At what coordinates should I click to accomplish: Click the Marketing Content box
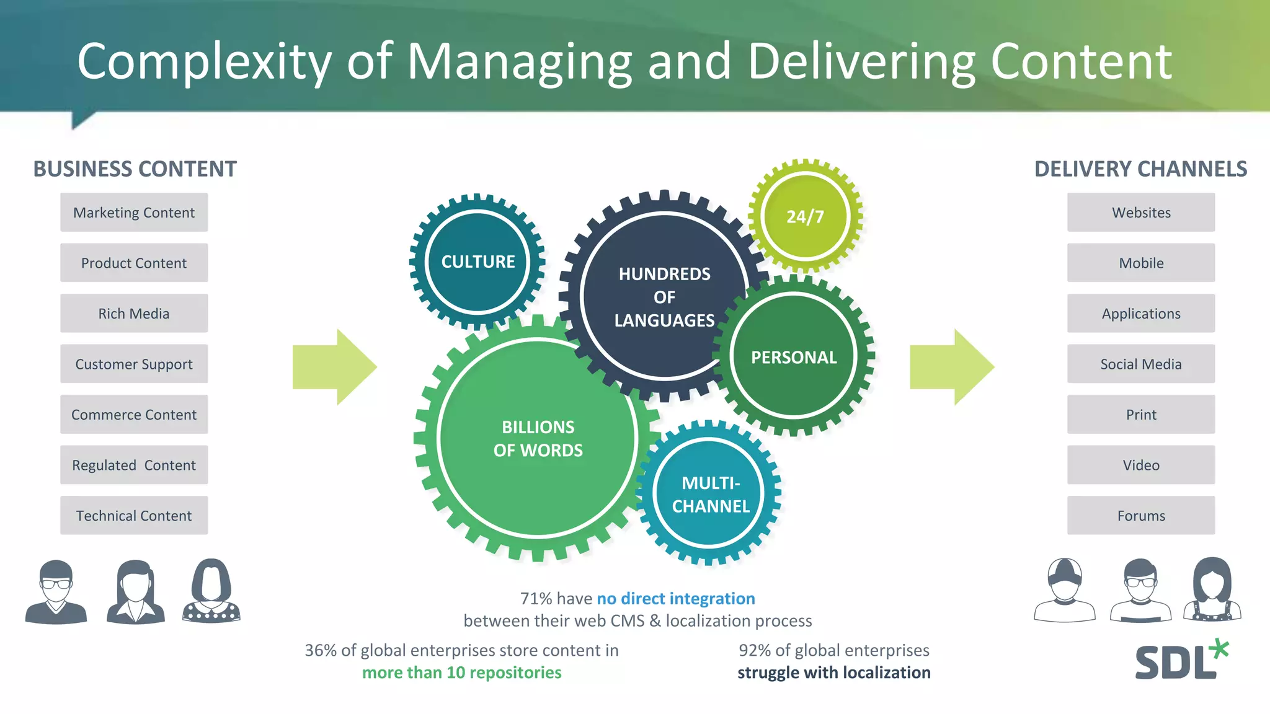[x=134, y=213]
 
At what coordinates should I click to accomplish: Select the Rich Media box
[x=134, y=314]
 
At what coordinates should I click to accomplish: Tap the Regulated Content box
[x=134, y=465]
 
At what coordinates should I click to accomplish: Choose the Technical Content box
[x=134, y=516]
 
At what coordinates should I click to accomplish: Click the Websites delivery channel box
[x=1141, y=213]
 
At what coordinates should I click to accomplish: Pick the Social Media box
[x=1141, y=364]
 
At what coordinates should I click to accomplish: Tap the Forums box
[x=1141, y=516]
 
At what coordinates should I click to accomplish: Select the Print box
[x=1141, y=415]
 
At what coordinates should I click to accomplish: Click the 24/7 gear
[x=805, y=216]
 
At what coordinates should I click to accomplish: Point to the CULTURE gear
[x=477, y=262]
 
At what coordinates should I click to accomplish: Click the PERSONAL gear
[x=794, y=357]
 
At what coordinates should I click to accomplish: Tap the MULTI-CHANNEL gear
[x=711, y=495]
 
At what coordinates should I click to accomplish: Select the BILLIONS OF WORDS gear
[x=538, y=438]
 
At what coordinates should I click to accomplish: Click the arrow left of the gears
[x=335, y=367]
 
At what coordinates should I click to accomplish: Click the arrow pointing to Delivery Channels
[x=952, y=367]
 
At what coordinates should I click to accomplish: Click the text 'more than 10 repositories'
[x=461, y=672]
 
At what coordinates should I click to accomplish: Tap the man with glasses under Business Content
[x=56, y=592]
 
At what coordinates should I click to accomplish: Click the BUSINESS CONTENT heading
[x=135, y=169]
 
